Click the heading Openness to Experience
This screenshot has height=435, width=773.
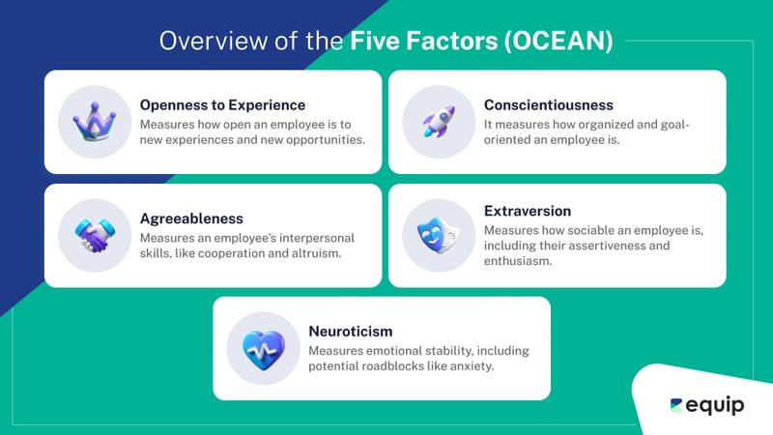222,104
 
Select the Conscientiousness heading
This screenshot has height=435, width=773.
548,104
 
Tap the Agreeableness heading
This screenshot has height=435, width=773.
191,218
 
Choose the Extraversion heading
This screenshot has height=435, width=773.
528,211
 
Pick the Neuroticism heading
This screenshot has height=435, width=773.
352,331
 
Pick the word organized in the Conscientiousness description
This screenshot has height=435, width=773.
612,125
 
